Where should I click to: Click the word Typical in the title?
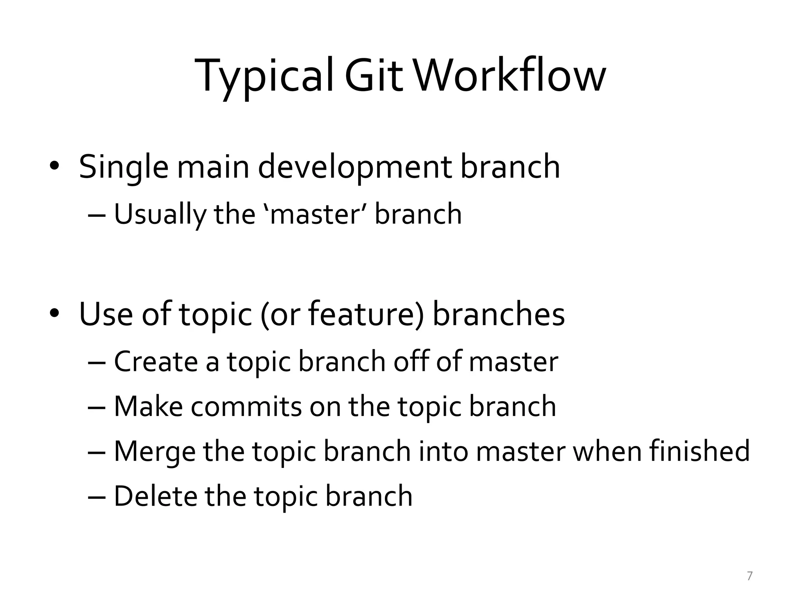point(264,76)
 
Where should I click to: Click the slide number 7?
point(749,576)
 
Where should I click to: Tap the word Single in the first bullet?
point(124,167)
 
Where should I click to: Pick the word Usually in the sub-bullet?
point(159,214)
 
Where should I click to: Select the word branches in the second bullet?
point(498,314)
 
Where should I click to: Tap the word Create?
point(156,362)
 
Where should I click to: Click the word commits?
point(246,407)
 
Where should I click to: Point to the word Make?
point(148,407)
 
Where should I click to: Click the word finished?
point(699,451)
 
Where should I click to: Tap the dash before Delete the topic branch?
point(97,496)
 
